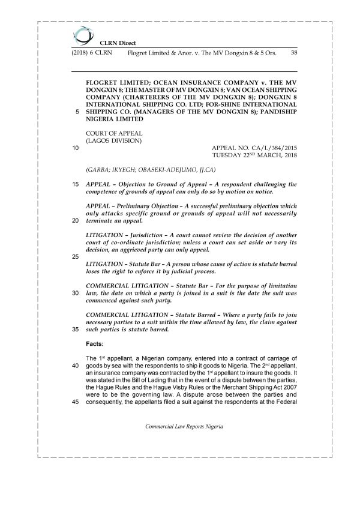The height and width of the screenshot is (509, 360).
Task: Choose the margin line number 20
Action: pyautogui.click(x=75, y=220)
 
